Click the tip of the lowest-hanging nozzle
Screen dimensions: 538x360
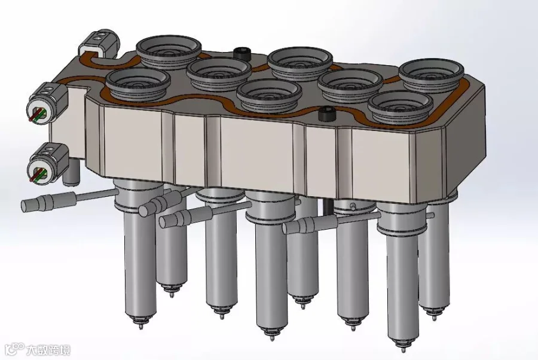point(403,350)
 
